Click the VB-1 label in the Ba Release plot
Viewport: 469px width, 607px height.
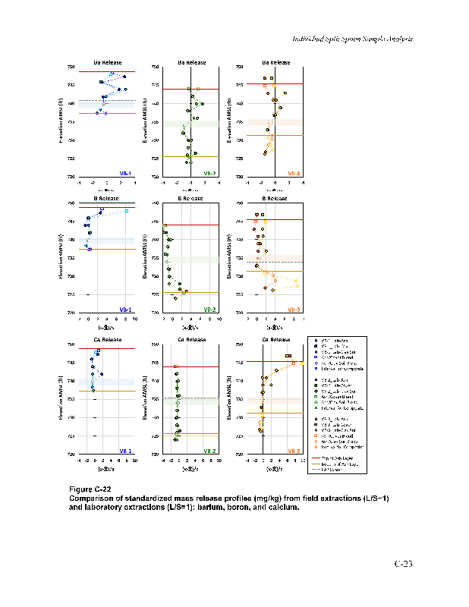tap(125, 173)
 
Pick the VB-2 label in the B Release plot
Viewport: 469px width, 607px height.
tap(209, 309)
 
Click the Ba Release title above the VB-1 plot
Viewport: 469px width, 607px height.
tap(107, 62)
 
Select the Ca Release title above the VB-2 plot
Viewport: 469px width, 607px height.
tap(191, 339)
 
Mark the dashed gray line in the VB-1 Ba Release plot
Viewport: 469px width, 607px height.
tap(107, 101)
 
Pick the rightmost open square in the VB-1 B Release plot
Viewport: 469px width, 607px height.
tap(126, 210)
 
